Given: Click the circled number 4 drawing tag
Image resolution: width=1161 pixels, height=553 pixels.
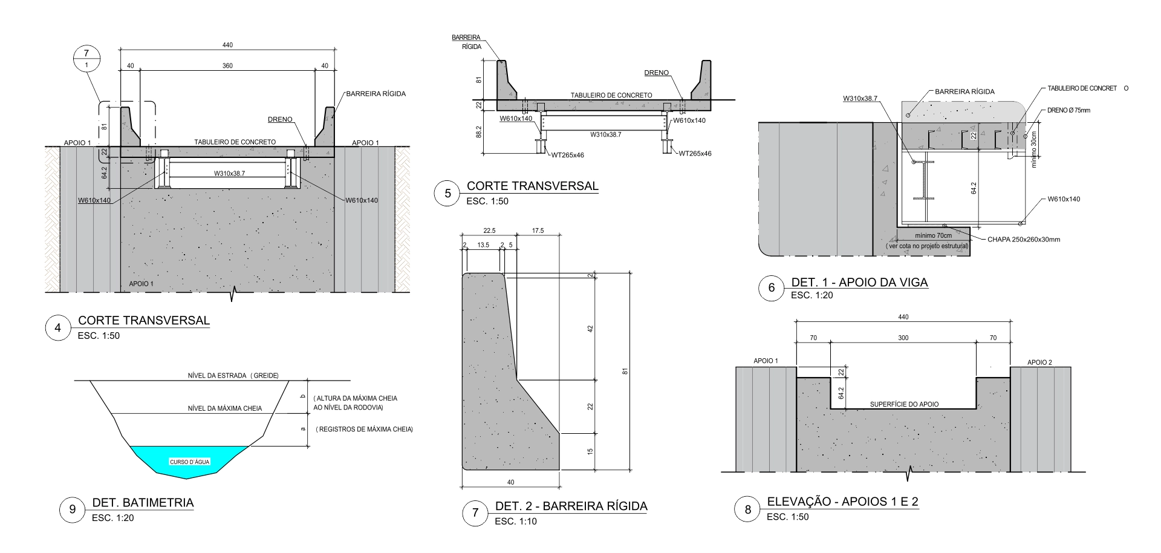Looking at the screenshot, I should point(58,328).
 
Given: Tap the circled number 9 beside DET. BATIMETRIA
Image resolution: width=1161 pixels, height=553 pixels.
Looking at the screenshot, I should point(73,509).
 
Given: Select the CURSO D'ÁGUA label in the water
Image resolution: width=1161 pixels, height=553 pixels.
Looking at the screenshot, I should point(190,462).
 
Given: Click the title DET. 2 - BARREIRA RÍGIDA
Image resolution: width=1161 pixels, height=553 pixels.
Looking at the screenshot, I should point(571,506).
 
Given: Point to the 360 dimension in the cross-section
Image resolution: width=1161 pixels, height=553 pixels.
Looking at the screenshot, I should point(227,66).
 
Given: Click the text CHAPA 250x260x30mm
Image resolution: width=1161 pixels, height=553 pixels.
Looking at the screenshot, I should point(1024,240).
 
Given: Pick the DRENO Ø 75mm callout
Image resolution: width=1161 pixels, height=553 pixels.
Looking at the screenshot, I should point(1068,111).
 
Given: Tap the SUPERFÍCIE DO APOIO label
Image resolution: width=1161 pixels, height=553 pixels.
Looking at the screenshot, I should point(904,404).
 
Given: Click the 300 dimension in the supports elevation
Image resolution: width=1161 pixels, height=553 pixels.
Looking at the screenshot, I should point(903,338).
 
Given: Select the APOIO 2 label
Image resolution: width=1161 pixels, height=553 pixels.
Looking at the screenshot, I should point(1039,362).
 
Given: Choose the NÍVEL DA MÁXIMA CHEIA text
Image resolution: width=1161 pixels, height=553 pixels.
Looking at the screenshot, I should point(225,408).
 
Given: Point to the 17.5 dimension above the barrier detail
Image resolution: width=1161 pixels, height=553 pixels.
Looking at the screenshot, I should point(538,231).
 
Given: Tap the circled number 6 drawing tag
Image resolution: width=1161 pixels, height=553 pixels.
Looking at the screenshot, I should point(771,288).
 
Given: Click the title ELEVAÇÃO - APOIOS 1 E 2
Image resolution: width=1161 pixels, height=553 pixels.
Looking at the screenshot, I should point(842,502).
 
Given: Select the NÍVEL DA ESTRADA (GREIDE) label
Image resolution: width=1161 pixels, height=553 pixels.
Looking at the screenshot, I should point(233,376).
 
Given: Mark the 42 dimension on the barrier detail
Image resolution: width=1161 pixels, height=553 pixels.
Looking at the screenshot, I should point(590,329).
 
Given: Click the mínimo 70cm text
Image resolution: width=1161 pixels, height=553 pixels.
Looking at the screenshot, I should point(933,236).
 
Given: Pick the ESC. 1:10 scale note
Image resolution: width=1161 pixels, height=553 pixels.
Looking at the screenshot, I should point(516,522).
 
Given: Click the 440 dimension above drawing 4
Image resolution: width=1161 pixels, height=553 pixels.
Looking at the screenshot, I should point(227,45).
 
